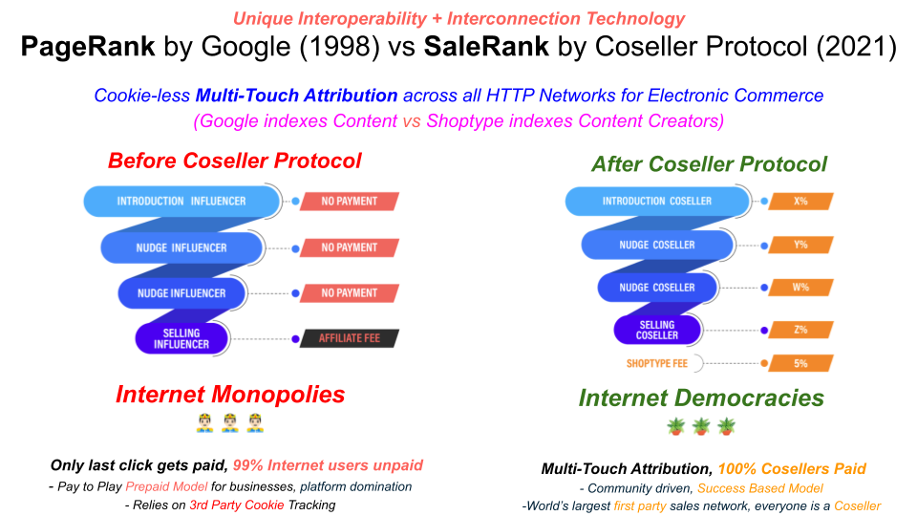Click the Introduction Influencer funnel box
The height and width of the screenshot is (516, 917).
181,202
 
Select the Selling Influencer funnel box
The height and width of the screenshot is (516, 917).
181,338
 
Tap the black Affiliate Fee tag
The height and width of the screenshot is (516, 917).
350,338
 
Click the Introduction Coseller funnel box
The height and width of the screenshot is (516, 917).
657,202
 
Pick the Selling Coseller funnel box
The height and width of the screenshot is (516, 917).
657,330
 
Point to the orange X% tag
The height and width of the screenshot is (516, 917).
800,202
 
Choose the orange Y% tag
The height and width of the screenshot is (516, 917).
800,245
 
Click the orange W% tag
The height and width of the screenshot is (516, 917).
800,288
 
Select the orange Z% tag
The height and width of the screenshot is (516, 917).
800,330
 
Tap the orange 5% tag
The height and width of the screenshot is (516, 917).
800,363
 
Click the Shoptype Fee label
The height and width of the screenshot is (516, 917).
657,363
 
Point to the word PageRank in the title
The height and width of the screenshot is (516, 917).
88,47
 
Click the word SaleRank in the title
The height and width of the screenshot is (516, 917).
486,47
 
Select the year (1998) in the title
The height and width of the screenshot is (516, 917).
339,47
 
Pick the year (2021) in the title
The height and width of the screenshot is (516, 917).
856,47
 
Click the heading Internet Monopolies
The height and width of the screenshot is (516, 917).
230,395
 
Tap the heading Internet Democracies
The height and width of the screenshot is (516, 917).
701,398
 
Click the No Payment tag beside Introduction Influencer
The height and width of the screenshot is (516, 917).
350,202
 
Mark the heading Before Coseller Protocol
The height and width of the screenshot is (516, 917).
235,161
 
